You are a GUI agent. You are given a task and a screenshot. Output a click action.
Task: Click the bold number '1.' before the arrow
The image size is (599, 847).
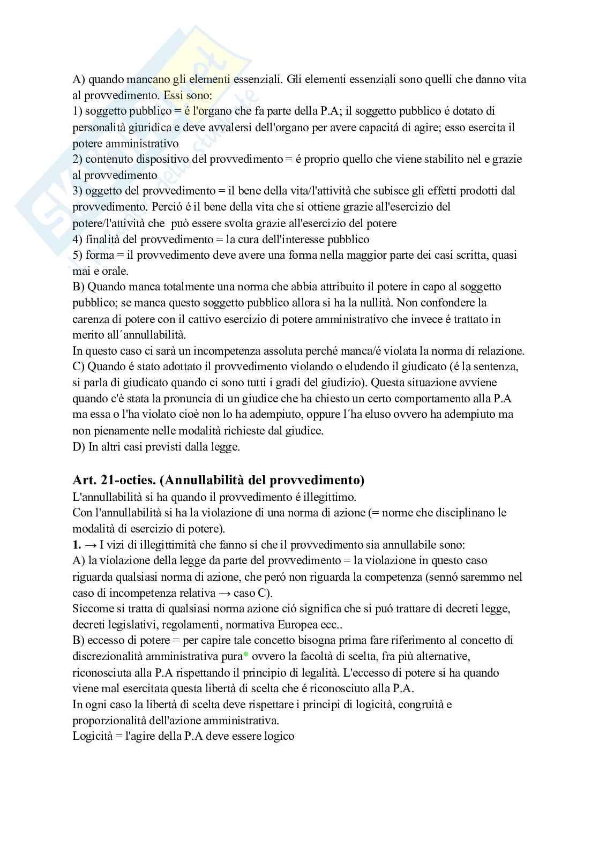(x=77, y=545)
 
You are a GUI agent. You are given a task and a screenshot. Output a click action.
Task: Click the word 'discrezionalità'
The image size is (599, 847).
(x=109, y=656)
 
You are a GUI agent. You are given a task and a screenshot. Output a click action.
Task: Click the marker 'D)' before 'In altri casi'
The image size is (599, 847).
(x=79, y=447)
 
